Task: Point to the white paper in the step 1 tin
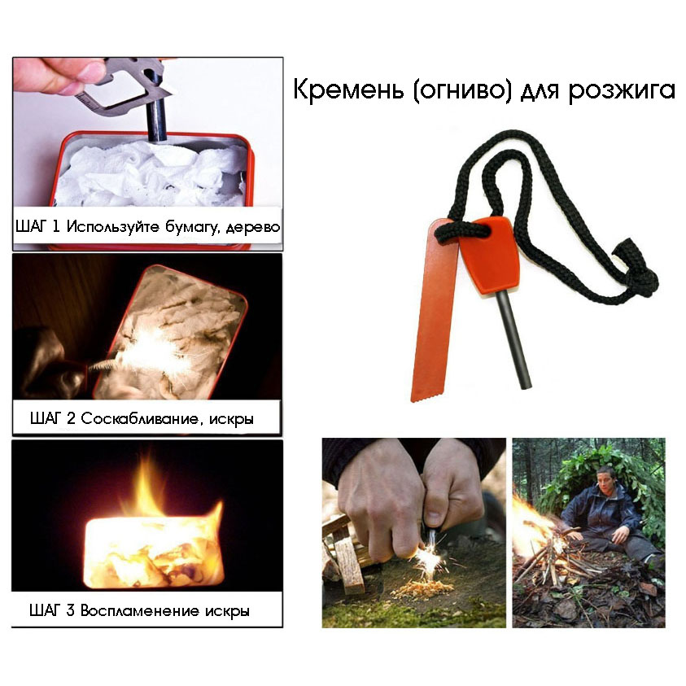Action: click(x=146, y=175)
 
